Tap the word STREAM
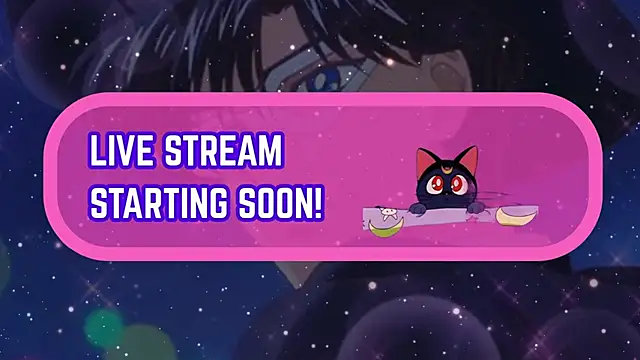pos(223,154)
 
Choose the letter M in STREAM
pos(271,154)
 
